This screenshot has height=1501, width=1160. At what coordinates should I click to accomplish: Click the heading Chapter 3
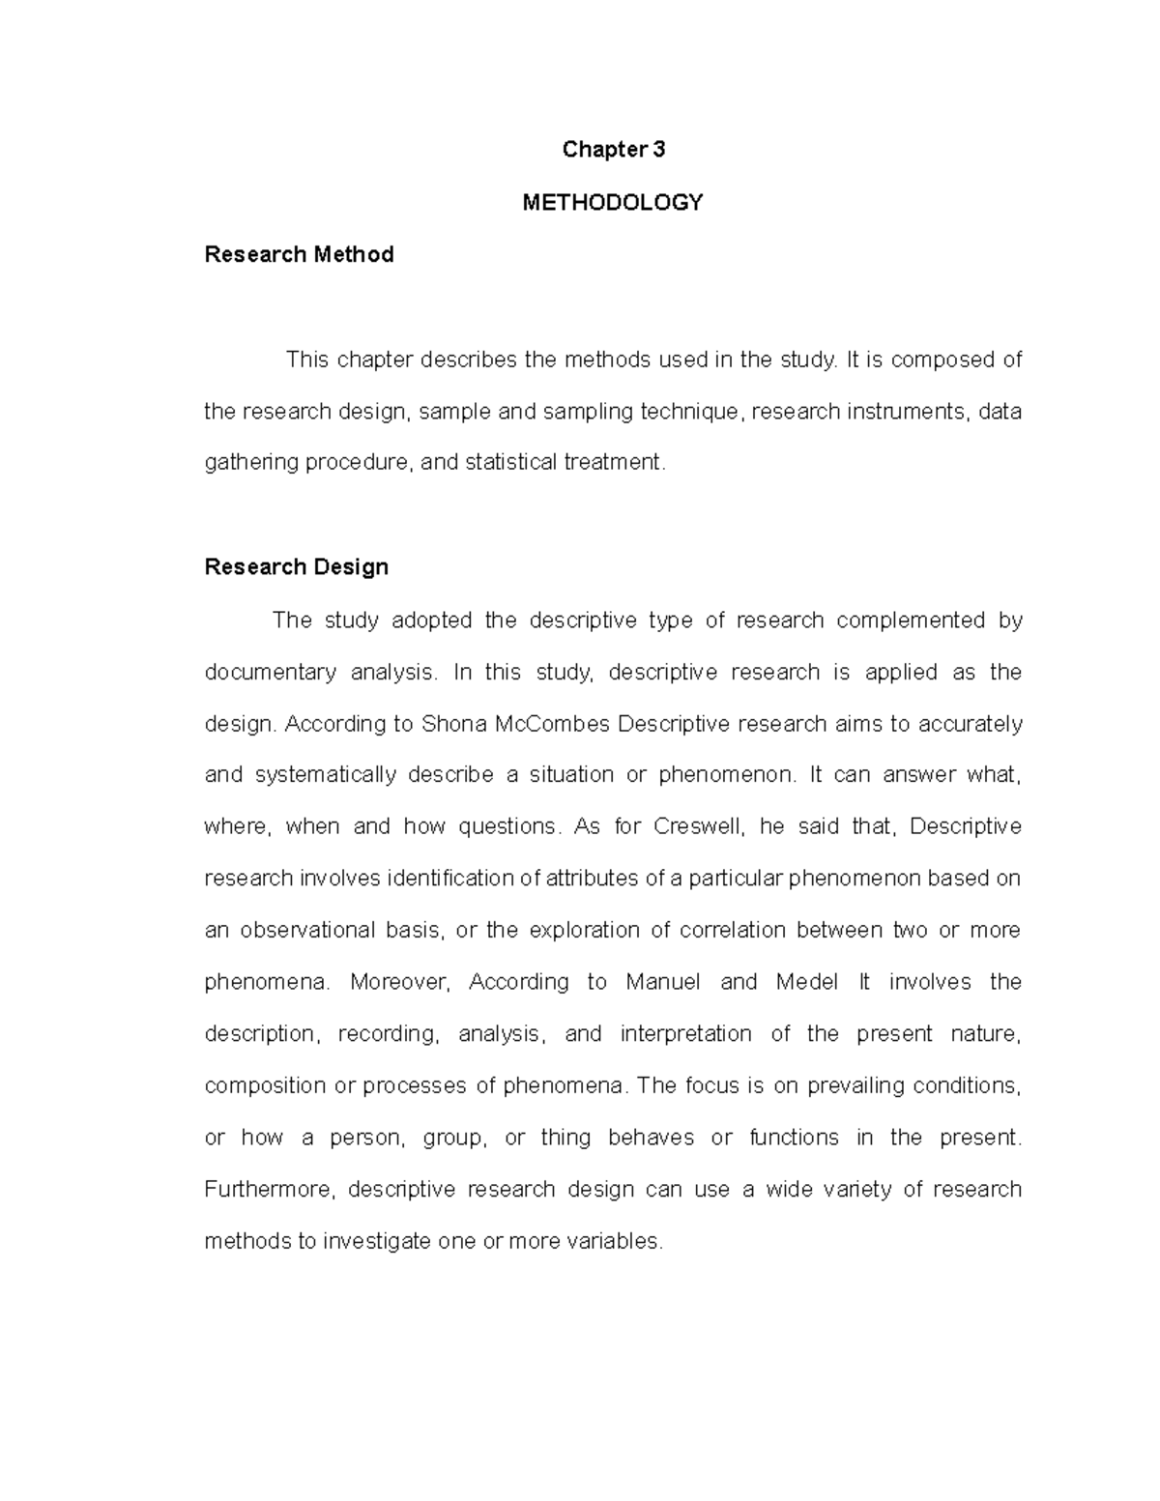[x=613, y=149]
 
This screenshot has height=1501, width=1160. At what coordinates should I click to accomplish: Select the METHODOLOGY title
[x=613, y=202]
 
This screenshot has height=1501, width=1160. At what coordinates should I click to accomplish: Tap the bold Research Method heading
[x=299, y=254]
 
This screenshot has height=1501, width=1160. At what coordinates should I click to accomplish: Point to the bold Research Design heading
[x=296, y=566]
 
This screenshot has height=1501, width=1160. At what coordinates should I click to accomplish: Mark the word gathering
[x=251, y=462]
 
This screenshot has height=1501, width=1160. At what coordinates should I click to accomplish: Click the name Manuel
[x=663, y=982]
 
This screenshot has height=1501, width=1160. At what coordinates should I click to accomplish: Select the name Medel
[x=806, y=982]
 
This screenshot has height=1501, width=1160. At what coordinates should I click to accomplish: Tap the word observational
[x=321, y=930]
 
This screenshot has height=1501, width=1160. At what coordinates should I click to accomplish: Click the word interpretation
[x=685, y=1034]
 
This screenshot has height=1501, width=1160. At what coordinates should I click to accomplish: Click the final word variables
[x=614, y=1241]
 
